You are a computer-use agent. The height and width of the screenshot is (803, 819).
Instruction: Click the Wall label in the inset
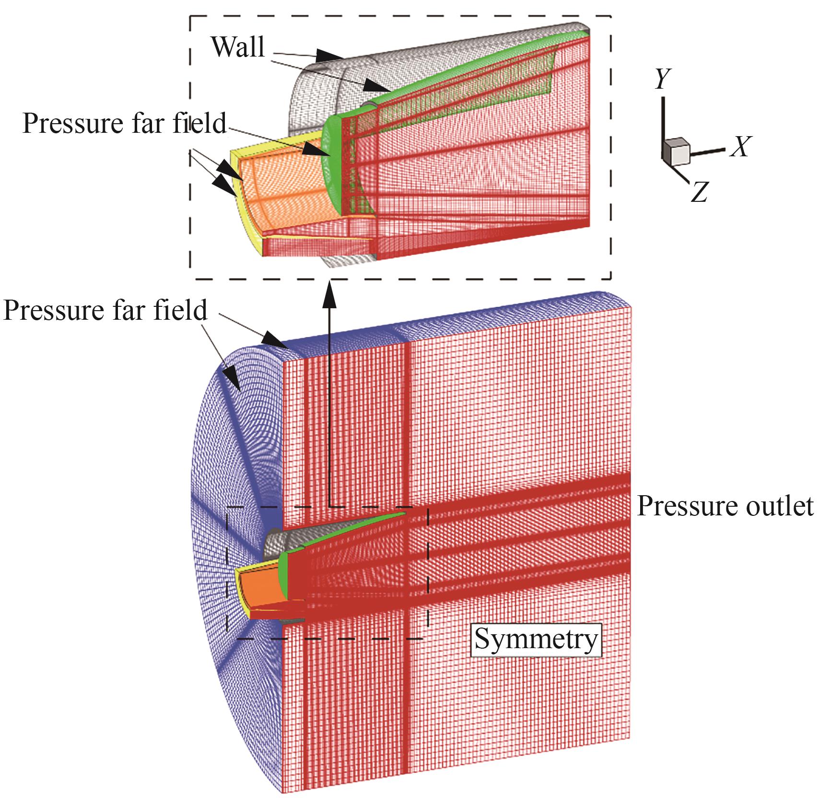238,47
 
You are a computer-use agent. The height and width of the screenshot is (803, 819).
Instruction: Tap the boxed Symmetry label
536,639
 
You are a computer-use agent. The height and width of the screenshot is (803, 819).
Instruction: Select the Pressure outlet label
725,506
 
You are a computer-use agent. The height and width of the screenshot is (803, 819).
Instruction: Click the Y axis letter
663,79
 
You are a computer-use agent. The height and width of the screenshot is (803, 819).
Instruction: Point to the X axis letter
740,146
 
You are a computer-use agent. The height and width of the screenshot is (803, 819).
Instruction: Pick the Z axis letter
700,192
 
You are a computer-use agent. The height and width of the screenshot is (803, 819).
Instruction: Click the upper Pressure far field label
124,123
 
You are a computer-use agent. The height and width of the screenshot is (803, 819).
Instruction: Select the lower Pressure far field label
105,310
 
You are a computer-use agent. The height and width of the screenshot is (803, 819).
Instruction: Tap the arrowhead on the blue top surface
273,338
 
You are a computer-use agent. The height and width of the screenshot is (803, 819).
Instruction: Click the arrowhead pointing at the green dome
316,149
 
